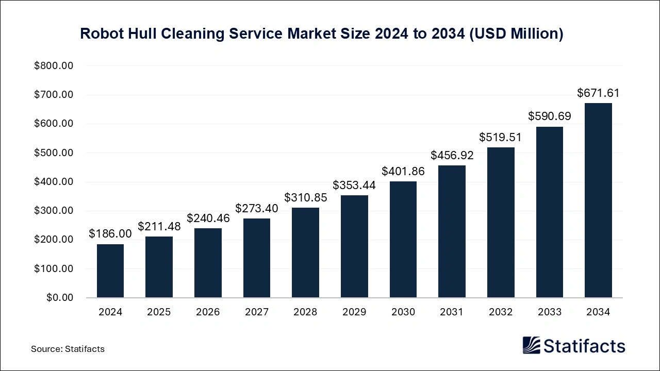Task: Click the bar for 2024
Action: coord(110,271)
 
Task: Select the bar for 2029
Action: coord(354,246)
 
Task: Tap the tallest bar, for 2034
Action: coord(598,200)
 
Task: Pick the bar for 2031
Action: coord(452,231)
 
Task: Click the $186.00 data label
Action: coord(110,233)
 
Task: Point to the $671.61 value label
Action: coord(598,93)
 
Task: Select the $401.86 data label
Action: coord(403,171)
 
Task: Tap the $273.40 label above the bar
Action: coord(256,208)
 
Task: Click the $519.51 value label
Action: coord(500,137)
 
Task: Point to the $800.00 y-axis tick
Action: coord(54,66)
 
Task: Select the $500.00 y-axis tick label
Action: coord(54,153)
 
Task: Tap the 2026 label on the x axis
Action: coord(207,312)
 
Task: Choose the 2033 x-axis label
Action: coord(549,312)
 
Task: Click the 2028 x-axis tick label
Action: coord(305,312)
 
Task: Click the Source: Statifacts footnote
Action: coord(68,349)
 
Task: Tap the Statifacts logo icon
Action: coord(531,345)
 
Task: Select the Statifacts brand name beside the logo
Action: coord(584,346)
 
